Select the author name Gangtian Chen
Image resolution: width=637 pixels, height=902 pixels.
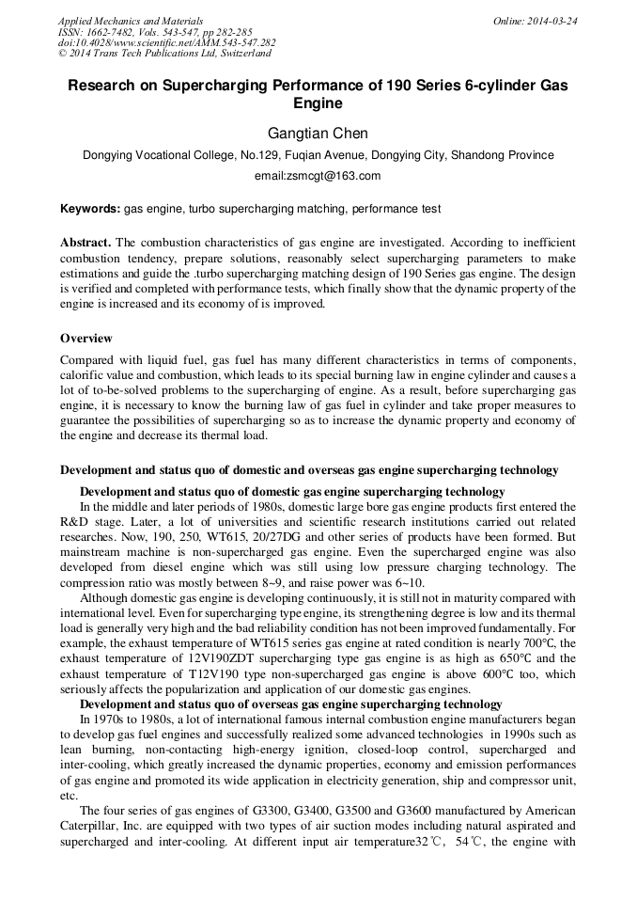[318, 134]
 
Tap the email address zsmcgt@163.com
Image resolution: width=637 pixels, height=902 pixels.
[318, 176]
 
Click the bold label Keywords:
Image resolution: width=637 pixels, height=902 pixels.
[91, 209]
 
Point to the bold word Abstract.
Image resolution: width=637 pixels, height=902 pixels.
[85, 243]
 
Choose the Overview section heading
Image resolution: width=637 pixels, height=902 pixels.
[86, 339]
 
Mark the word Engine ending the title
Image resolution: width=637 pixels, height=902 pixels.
[318, 103]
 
